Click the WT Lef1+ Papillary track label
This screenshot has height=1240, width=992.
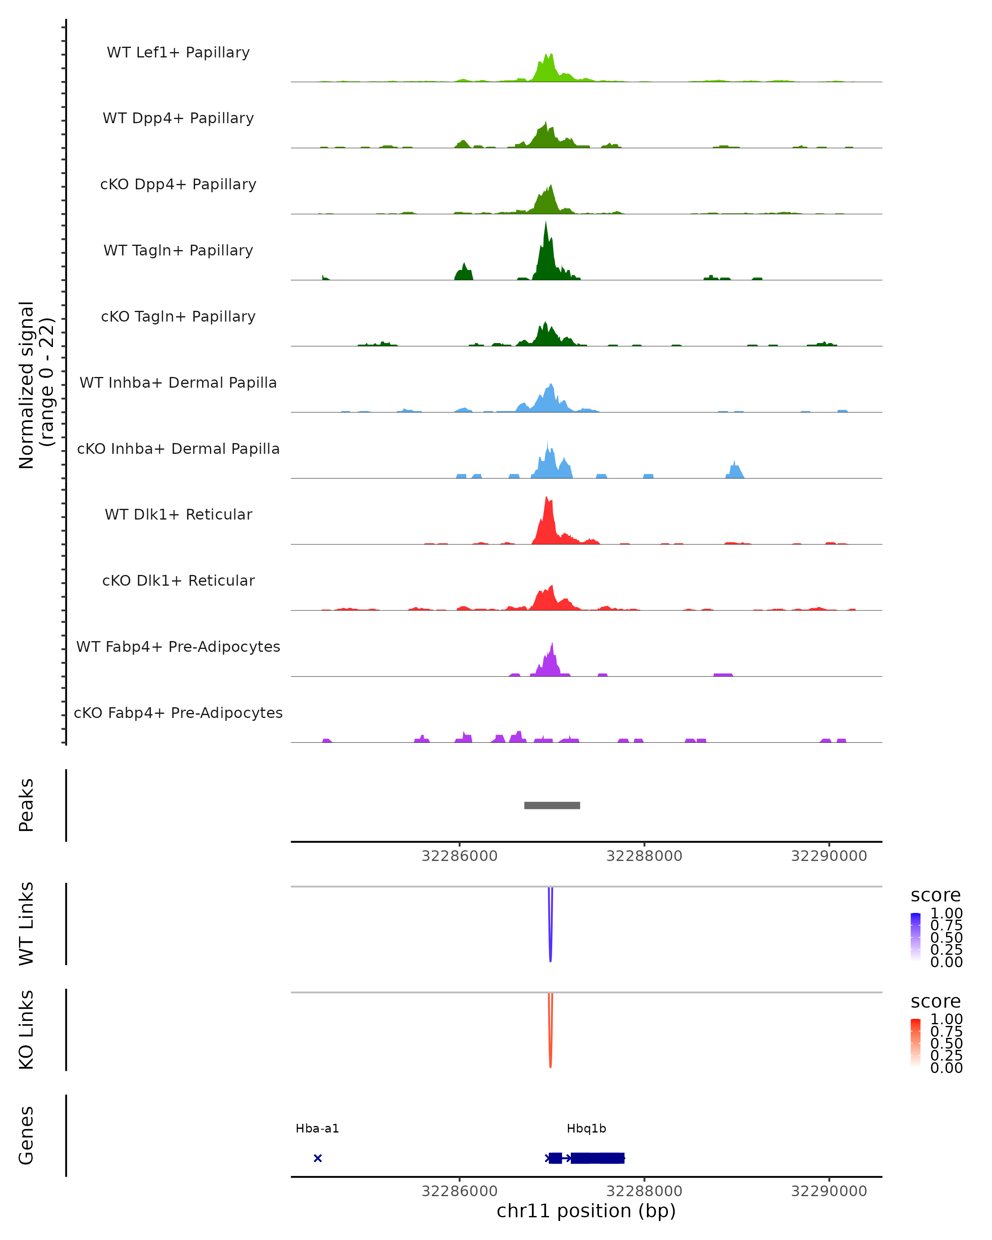coord(178,52)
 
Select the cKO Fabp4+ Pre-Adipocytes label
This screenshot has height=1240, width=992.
coord(178,713)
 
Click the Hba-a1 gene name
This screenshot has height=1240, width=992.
coord(317,1128)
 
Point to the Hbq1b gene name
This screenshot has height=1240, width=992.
coord(586,1128)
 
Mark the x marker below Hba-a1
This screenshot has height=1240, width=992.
coord(317,1158)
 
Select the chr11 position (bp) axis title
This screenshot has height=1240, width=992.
coord(586,1211)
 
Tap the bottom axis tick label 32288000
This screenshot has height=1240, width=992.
coord(644,1191)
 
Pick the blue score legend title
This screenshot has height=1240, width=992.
coord(936,895)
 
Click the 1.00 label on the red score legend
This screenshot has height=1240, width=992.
coord(946,1019)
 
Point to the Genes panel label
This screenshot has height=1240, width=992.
coord(26,1135)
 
